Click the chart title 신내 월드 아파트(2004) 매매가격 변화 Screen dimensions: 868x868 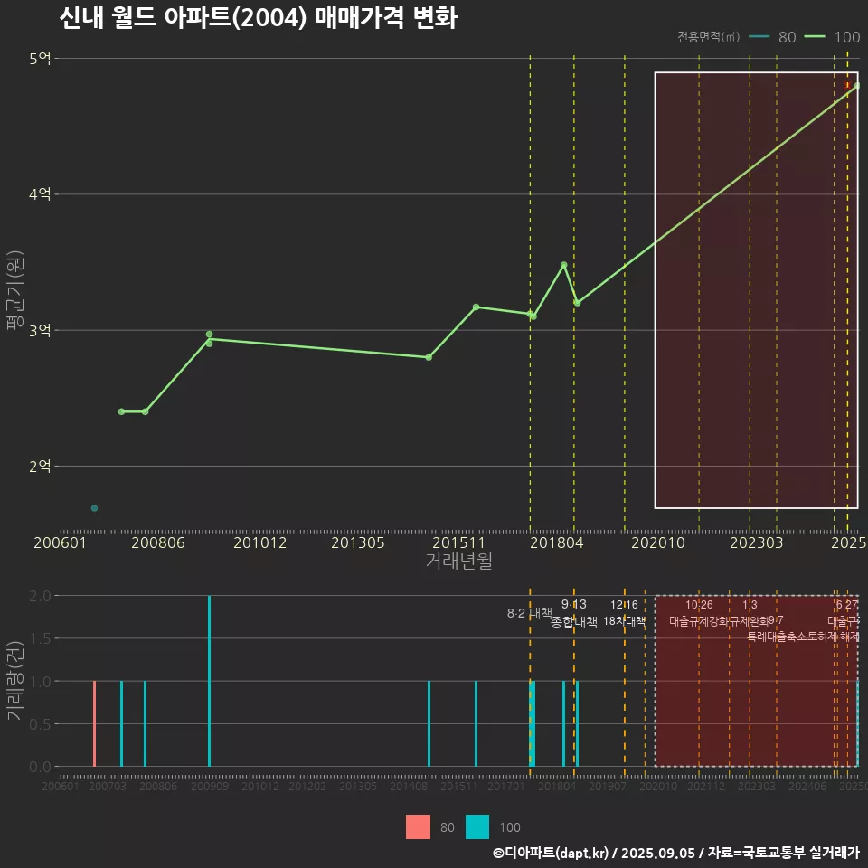click(x=258, y=18)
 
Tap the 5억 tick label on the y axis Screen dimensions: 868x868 click(x=41, y=59)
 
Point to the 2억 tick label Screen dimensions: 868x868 click(x=41, y=467)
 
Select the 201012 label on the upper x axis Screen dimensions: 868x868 click(x=260, y=543)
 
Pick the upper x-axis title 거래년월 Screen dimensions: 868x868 click(x=458, y=561)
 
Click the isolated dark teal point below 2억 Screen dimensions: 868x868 click(x=94, y=508)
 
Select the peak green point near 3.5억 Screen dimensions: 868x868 click(x=564, y=265)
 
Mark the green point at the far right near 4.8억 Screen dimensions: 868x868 click(x=857, y=86)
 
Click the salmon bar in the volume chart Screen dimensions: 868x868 click(x=94, y=723)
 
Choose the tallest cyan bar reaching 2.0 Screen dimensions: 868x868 click(x=209, y=681)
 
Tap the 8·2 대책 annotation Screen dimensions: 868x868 click(x=530, y=613)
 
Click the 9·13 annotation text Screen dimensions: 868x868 click(x=574, y=604)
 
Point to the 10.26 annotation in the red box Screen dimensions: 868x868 click(x=699, y=604)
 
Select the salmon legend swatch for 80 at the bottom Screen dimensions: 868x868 click(x=419, y=826)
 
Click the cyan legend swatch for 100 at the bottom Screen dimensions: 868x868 click(x=477, y=826)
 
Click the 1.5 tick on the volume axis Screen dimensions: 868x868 click(x=40, y=638)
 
